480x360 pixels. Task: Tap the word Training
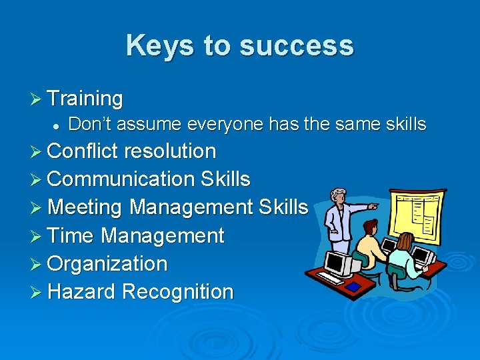[85, 99]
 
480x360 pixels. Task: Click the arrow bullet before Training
[37, 99]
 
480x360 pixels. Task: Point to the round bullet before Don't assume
[57, 125]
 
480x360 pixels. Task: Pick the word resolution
[170, 151]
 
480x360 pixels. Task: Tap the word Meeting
[85, 207]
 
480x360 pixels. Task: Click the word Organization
[107, 263]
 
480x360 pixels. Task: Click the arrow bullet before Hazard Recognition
[37, 291]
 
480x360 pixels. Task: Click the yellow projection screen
[419, 217]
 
